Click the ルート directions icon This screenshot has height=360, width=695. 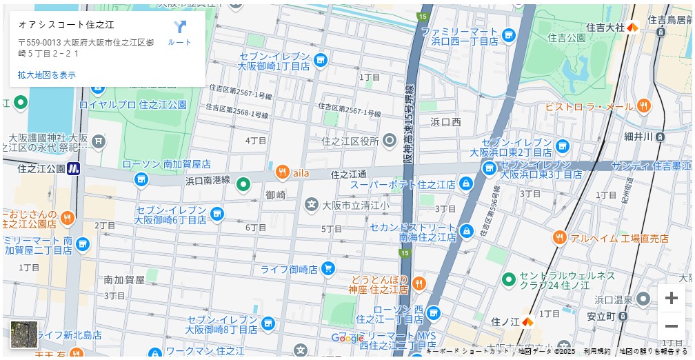(x=179, y=28)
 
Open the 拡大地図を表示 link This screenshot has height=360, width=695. (x=47, y=74)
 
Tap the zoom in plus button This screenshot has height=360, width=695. (x=671, y=298)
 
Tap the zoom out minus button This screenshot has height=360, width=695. (x=671, y=326)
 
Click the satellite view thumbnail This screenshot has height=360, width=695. (x=24, y=334)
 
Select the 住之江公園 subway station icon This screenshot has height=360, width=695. (x=74, y=168)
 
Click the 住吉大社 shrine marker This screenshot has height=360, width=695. (x=632, y=27)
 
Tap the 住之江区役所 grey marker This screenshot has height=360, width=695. (x=390, y=141)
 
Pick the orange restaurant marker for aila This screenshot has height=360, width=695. (x=282, y=172)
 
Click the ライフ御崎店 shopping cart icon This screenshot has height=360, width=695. (x=328, y=268)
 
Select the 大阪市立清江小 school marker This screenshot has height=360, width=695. (x=312, y=205)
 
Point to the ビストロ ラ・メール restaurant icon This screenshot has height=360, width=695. (x=643, y=106)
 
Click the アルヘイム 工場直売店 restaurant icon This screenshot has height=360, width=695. (x=559, y=238)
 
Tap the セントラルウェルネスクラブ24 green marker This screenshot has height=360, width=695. (x=509, y=279)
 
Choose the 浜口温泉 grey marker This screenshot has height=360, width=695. (x=643, y=299)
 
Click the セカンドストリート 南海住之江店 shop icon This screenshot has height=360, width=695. (x=466, y=230)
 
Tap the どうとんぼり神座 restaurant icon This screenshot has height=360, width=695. (x=419, y=284)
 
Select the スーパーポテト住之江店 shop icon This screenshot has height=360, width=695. (x=466, y=184)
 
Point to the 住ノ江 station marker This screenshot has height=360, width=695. (x=527, y=321)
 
